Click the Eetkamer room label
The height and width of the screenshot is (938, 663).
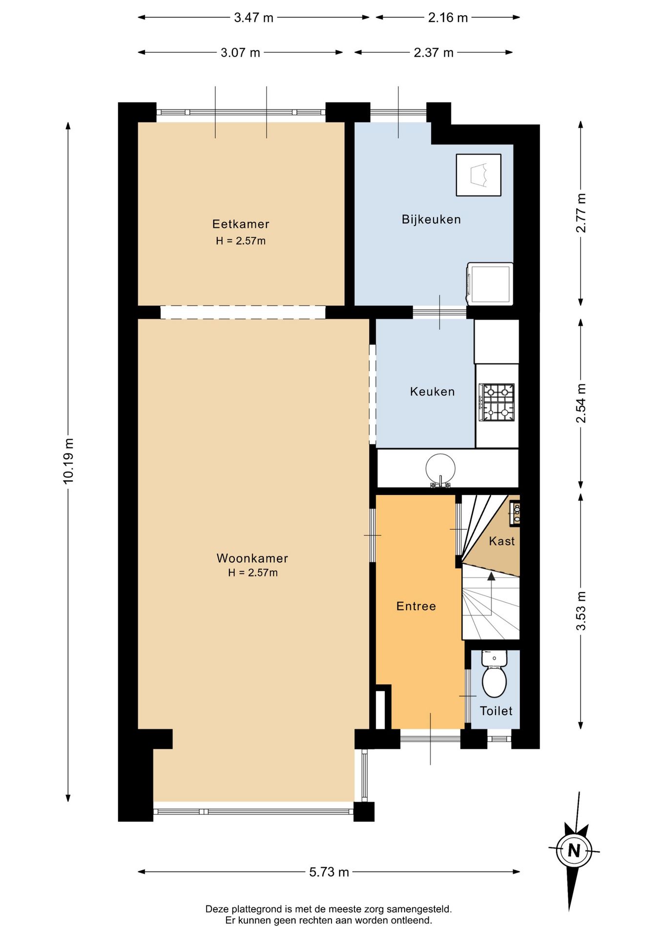coord(241,224)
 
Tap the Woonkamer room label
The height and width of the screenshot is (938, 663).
coord(252,558)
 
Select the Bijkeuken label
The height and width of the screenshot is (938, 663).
coord(431,219)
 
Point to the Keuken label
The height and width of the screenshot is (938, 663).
coord(432,391)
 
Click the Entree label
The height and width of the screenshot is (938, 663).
coord(416,606)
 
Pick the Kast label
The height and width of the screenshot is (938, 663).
coord(502,541)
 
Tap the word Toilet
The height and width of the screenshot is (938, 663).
coord(496,711)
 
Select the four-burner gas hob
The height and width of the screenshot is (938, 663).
coord(497,402)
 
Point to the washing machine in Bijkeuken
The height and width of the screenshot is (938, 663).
coord(490,284)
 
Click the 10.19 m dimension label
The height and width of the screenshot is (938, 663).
coord(68,461)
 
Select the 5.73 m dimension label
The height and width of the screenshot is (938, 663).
coord(329,872)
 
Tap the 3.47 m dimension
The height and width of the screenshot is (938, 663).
coord(253,18)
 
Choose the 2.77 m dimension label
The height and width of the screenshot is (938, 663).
coord(581,213)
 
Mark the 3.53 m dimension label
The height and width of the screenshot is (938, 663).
coord(581,611)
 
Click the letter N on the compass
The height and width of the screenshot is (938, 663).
coord(574,851)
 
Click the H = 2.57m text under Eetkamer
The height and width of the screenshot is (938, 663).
coord(241,241)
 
